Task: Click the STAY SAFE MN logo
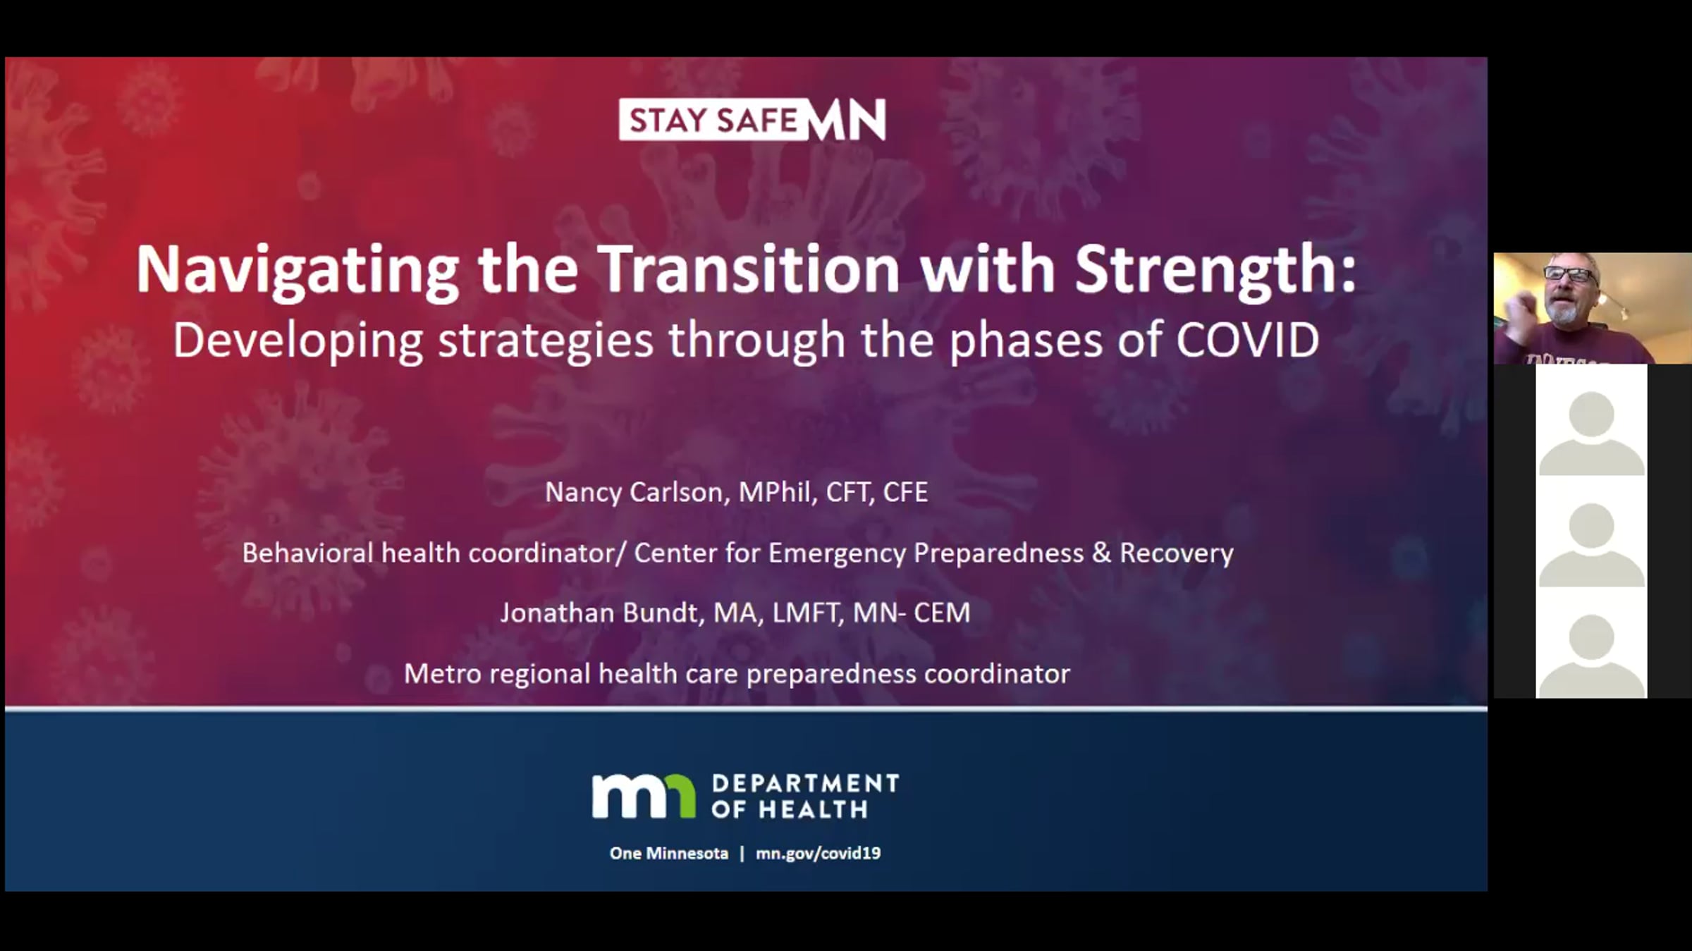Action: [752, 120]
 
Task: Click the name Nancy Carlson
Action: [634, 492]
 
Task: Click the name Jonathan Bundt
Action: [599, 613]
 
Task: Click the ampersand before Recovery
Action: [1101, 553]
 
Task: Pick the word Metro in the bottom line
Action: [442, 674]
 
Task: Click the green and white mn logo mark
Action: [644, 796]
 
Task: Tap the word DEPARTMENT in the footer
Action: [805, 783]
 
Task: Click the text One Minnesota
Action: [669, 853]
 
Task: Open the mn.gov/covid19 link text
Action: [818, 854]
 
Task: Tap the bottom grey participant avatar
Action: [1592, 656]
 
